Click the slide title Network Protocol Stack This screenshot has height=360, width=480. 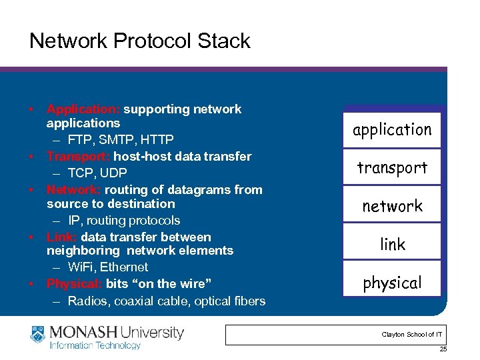pyautogui.click(x=139, y=41)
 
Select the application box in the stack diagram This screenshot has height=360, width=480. pyautogui.click(x=392, y=129)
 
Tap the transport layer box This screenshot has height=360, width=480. pyautogui.click(x=392, y=167)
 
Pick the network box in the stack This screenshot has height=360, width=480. pyautogui.click(x=392, y=206)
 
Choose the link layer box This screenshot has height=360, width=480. pyautogui.click(x=392, y=244)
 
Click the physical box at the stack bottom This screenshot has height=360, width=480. pyautogui.click(x=392, y=283)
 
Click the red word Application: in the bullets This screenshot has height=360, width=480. pyautogui.click(x=83, y=109)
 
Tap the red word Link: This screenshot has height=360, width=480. pyautogui.click(x=62, y=237)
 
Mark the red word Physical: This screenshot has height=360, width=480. pyautogui.click(x=74, y=283)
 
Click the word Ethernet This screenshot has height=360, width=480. pyautogui.click(x=124, y=267)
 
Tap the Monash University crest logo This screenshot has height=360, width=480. pyautogui.click(x=39, y=336)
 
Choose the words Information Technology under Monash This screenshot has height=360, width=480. pyautogui.click(x=95, y=345)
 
